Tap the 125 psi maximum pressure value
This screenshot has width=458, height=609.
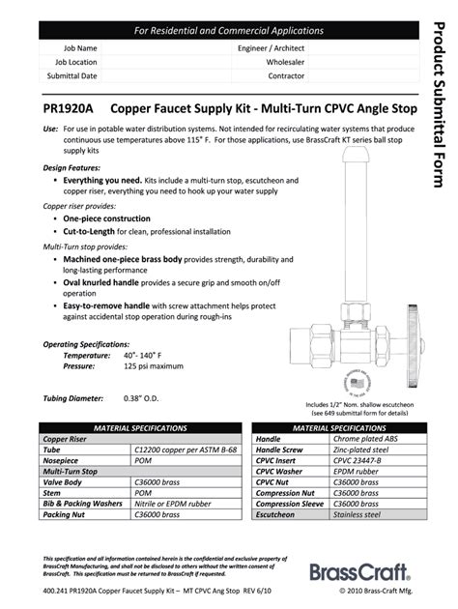(154, 366)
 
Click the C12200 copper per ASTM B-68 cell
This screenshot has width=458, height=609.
(183, 449)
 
